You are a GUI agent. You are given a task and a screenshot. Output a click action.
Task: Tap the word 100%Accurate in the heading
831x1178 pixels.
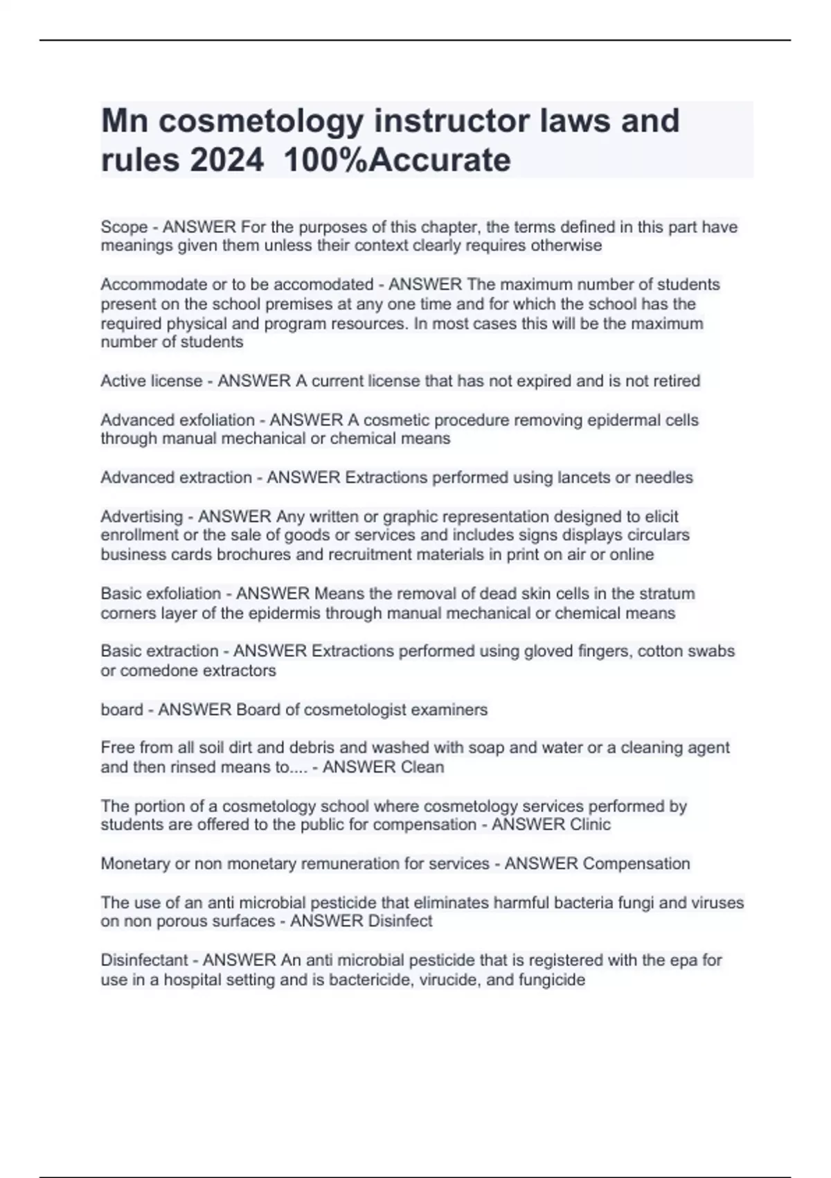pos(397,160)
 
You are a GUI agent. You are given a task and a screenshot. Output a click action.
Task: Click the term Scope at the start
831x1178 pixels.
pos(124,227)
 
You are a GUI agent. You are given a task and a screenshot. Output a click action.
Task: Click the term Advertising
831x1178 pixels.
pos(141,516)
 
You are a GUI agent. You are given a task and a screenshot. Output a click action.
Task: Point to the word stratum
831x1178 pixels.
pos(667,593)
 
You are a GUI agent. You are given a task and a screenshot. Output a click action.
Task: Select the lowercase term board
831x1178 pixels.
pos(122,710)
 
